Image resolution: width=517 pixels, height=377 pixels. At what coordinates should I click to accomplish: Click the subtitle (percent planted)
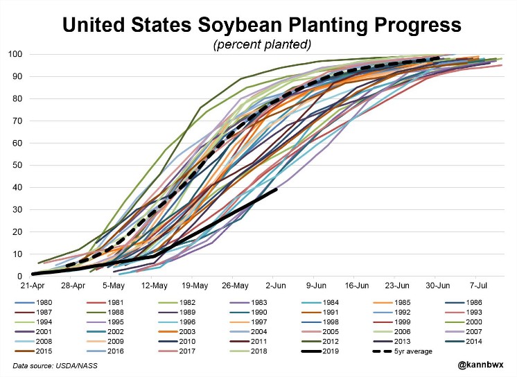[262, 44]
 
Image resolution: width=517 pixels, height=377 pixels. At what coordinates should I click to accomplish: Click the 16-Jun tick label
[358, 286]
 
